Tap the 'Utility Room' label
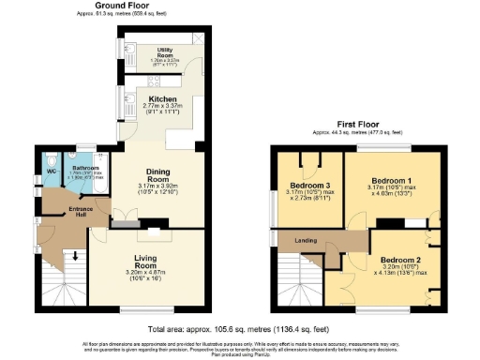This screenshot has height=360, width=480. [169, 54]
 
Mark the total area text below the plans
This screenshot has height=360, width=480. [239, 330]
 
